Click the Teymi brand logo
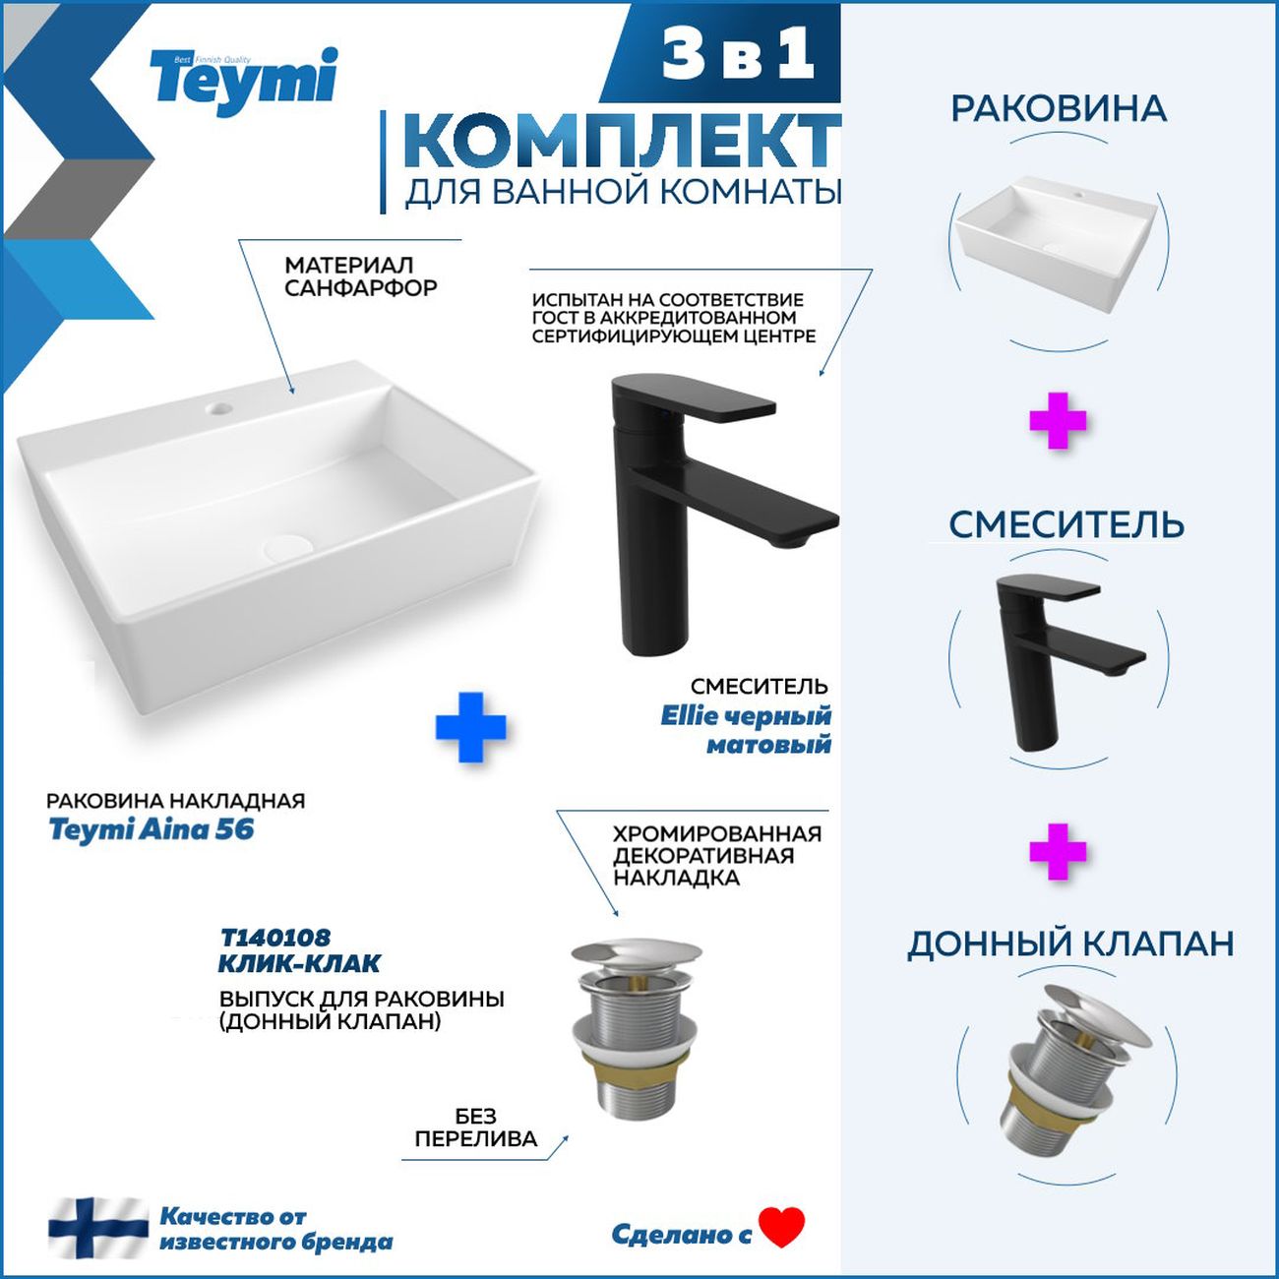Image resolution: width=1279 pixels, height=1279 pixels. pos(244,82)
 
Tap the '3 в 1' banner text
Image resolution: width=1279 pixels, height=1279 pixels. pos(738,56)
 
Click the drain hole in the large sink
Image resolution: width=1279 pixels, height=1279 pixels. pos(287,546)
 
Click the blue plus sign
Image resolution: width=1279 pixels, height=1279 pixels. pos(470,727)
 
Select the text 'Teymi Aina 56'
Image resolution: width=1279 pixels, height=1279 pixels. pos(152,830)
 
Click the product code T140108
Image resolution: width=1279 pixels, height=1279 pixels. pos(274,938)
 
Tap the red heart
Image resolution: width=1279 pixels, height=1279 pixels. pos(782,1227)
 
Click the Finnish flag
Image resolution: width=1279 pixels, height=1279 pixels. pos(98,1227)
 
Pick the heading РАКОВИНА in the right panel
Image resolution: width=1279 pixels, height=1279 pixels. pos(1059,108)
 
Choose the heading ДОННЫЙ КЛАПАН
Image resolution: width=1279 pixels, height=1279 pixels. pos(1069,944)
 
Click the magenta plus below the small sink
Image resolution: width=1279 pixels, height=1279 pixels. pos(1058,422)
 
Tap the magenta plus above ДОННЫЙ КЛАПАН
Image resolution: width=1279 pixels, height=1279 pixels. pos(1058,852)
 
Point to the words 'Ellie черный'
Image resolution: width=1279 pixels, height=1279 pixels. pos(746,716)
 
